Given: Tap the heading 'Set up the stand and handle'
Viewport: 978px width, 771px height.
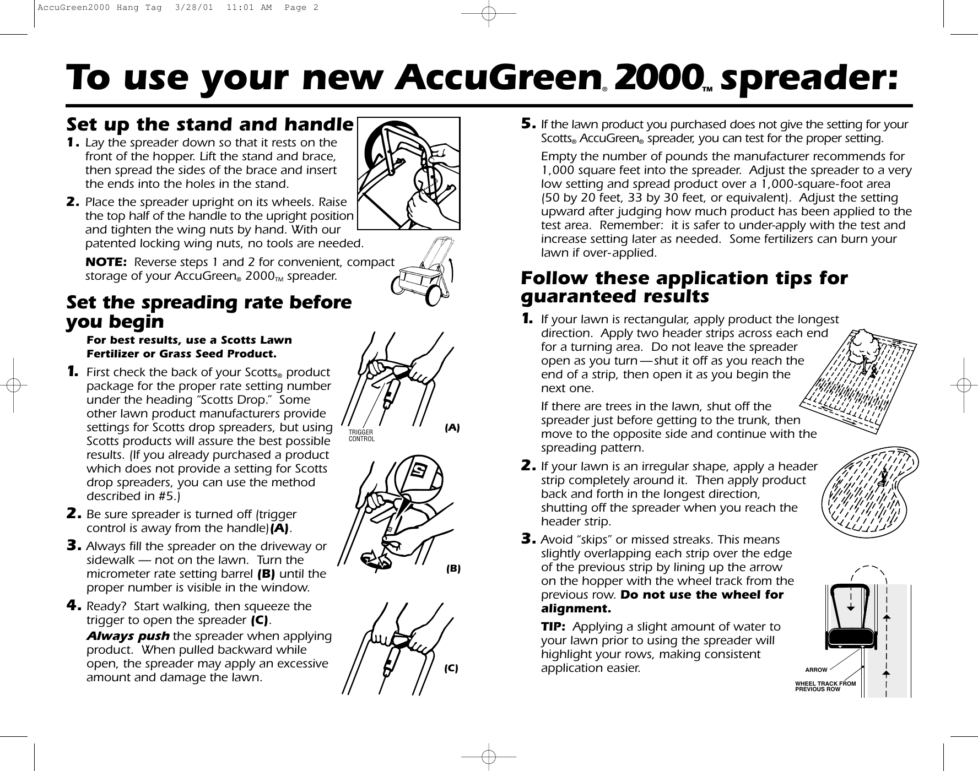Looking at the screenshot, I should point(209,124).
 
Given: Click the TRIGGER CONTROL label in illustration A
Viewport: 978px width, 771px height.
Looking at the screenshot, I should point(361,436).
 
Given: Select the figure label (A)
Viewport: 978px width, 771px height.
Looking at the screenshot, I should point(452,427).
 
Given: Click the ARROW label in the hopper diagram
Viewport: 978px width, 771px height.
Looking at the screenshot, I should point(816,670).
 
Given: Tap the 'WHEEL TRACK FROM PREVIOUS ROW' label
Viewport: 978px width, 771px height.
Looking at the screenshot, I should point(825,686).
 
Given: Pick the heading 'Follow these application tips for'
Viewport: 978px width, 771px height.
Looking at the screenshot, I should point(684,278).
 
